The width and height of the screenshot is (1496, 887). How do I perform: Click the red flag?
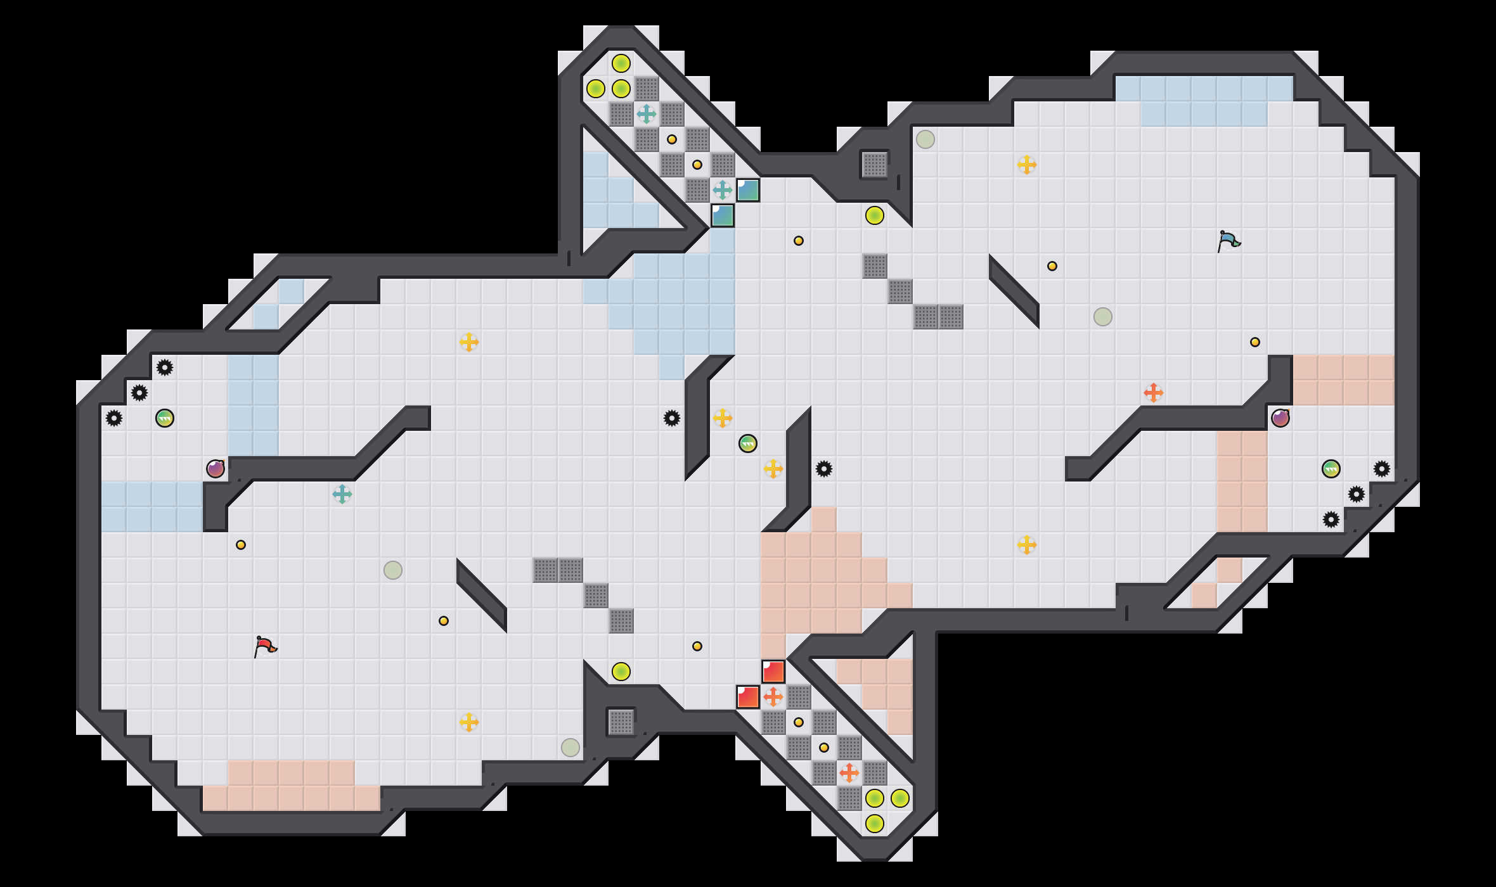tap(265, 646)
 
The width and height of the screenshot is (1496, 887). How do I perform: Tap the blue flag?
tap(1228, 241)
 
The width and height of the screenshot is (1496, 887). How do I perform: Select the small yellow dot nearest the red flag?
tap(241, 545)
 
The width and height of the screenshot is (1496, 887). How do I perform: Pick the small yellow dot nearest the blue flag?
tap(1255, 342)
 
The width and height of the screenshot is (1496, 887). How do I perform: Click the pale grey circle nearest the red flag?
tap(393, 570)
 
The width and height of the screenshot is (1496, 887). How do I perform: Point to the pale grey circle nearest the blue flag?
tap(1103, 317)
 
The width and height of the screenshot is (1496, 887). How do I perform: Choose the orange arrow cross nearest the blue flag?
tap(1154, 393)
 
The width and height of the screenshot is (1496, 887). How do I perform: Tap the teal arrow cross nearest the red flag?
tap(342, 494)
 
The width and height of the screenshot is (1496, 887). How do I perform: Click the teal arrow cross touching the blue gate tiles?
tap(723, 190)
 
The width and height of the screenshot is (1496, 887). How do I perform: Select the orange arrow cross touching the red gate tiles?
tap(773, 697)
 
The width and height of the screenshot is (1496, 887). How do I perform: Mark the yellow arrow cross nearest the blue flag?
tap(1027, 165)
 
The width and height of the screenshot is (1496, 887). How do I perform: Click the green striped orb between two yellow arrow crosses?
tap(748, 443)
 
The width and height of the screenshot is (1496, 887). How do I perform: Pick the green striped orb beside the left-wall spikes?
tap(165, 418)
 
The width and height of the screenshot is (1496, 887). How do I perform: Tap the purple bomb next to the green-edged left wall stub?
tap(216, 469)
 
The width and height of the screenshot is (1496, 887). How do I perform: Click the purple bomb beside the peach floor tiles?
tap(1280, 418)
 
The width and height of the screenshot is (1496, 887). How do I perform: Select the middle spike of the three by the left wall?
tap(139, 393)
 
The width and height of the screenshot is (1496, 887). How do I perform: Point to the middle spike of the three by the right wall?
tap(1357, 494)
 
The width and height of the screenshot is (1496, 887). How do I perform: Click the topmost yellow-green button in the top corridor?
tap(621, 63)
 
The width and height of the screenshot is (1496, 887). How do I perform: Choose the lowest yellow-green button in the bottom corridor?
tap(875, 824)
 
